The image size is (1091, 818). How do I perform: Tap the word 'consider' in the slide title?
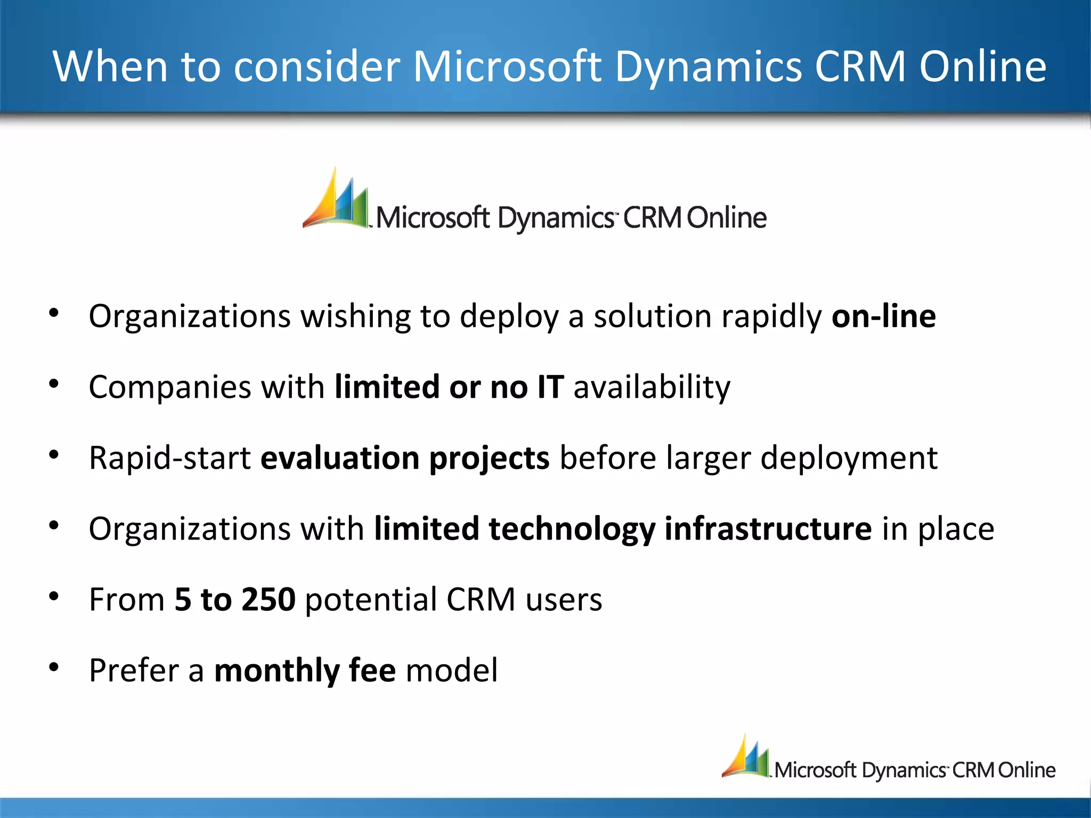click(316, 67)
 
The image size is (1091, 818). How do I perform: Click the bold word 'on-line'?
click(883, 316)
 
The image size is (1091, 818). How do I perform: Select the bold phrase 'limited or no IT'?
click(449, 387)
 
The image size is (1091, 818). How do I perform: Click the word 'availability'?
click(652, 388)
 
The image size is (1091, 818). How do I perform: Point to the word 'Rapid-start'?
click(169, 458)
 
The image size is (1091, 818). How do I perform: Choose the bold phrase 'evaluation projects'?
click(405, 458)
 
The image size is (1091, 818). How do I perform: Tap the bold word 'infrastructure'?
click(768, 529)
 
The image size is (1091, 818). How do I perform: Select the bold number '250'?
click(268, 599)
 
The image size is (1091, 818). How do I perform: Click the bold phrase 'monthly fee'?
click(305, 670)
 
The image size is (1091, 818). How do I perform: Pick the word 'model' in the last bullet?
click(452, 670)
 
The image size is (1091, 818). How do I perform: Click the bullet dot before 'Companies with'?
click(54, 384)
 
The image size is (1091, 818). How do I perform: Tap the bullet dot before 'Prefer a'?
click(54, 667)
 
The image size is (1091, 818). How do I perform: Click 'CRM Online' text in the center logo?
click(695, 218)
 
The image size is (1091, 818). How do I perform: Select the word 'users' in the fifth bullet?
click(564, 600)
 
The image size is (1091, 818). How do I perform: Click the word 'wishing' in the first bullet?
click(356, 317)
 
